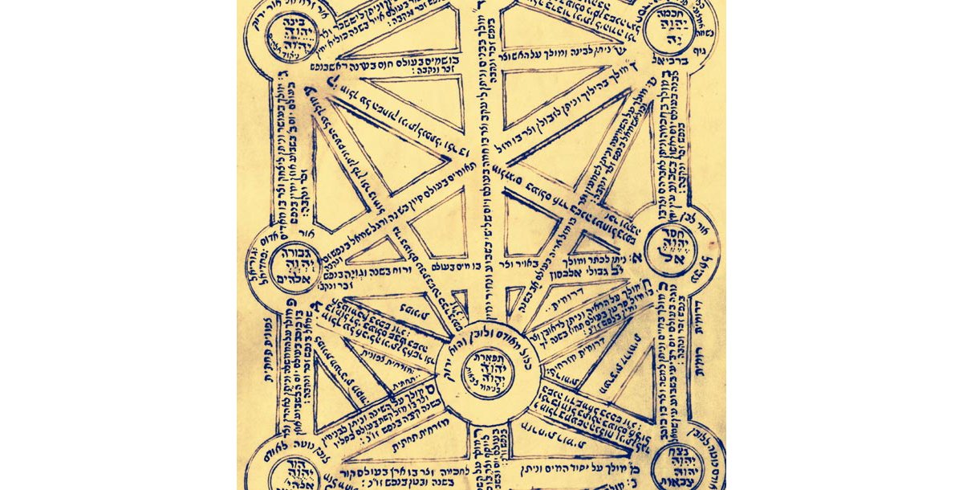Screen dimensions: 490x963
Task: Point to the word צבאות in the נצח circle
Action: [x=685, y=480]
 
